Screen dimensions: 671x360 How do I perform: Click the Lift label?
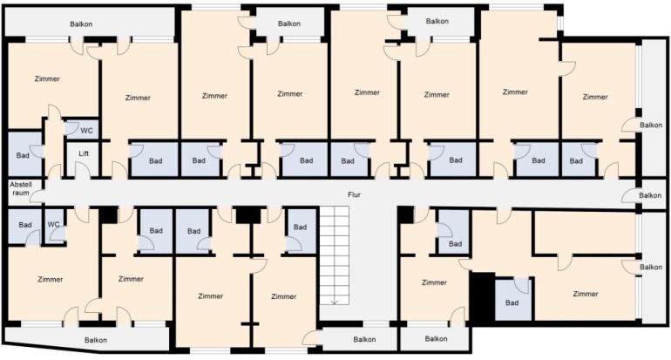tap(84, 153)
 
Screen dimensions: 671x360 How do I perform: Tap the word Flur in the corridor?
tap(354, 194)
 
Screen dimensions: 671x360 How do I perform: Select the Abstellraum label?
tap(21, 189)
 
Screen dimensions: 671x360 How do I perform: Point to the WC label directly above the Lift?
tap(86, 131)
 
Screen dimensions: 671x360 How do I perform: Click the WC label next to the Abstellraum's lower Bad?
tap(53, 224)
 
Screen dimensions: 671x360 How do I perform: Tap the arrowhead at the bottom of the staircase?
tap(335, 302)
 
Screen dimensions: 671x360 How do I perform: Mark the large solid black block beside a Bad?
tap(482, 296)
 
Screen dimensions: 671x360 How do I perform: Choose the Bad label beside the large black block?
tap(512, 302)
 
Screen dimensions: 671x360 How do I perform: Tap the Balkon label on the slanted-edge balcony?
tap(96, 340)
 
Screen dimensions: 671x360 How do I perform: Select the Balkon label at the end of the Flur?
tap(650, 195)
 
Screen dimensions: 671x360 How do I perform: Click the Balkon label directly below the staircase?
tap(364, 339)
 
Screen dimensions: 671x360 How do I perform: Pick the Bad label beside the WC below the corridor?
tap(25, 225)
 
